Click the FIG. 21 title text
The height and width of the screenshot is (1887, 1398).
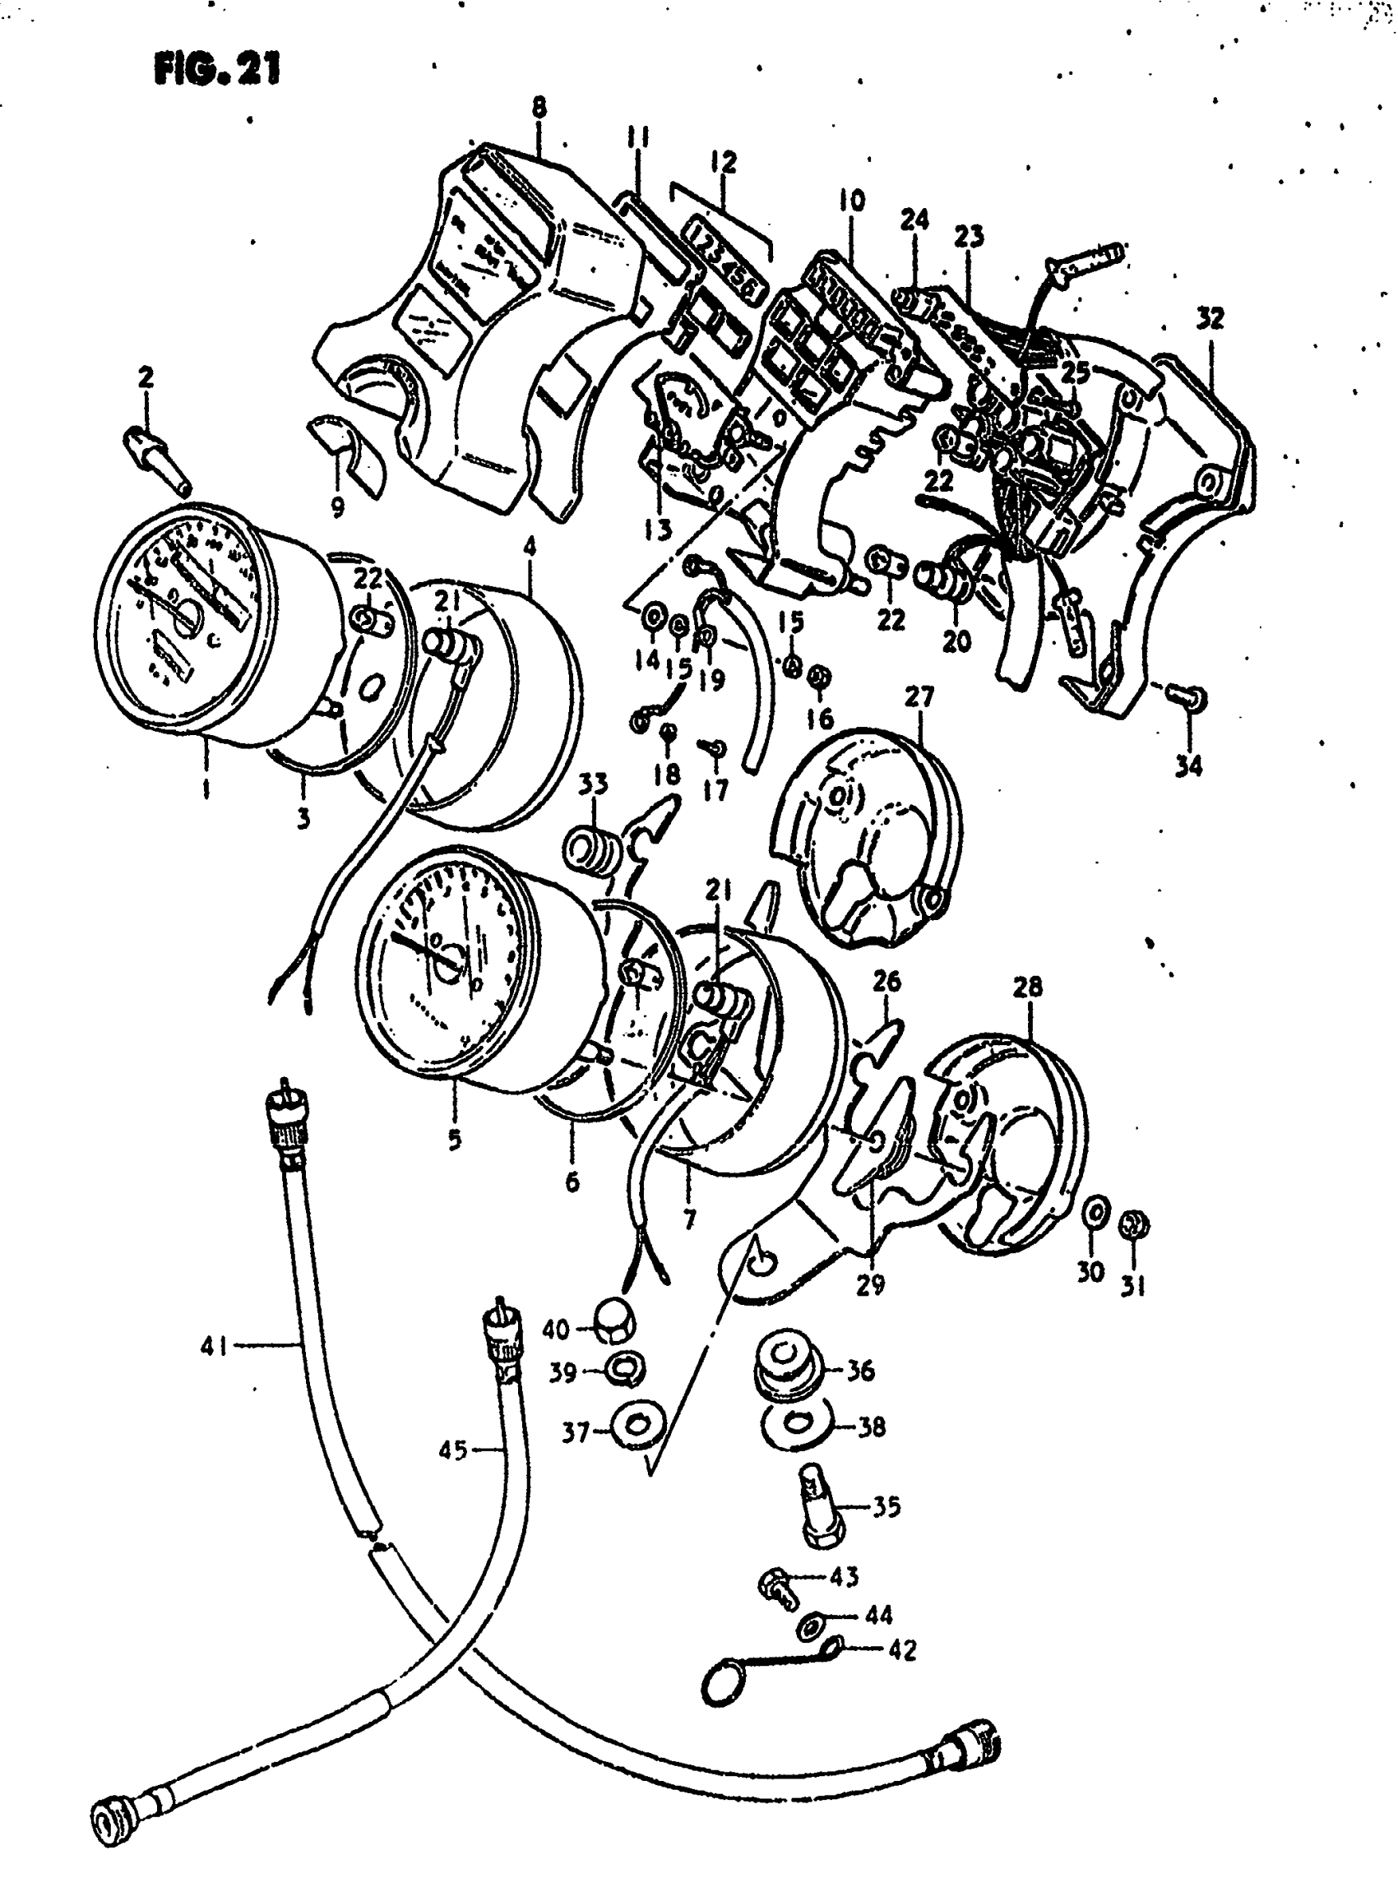coord(217,69)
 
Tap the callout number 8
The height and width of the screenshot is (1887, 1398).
coord(539,109)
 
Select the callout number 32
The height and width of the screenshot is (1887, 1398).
coord(1210,319)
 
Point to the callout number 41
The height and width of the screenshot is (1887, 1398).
coord(214,1345)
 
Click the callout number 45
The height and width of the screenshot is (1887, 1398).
coord(453,1450)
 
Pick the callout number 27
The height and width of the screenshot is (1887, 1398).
coord(919,697)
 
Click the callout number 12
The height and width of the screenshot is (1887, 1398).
coord(724,162)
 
